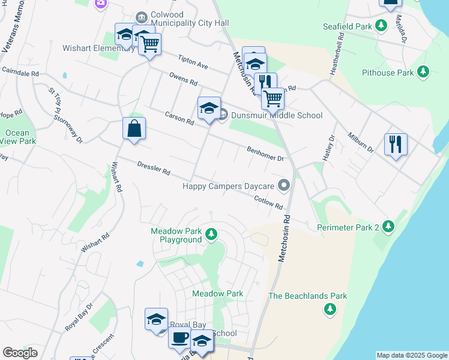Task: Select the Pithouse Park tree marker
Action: click(424, 73)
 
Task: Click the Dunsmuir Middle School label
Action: click(277, 116)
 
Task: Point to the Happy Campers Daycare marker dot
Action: click(285, 186)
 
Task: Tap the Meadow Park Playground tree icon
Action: click(211, 233)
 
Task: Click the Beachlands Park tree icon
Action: click(330, 310)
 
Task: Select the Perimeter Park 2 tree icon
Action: click(390, 227)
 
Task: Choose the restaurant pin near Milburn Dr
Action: click(396, 144)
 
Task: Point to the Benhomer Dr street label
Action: click(265, 154)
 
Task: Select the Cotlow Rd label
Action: click(268, 202)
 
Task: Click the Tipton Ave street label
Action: click(193, 62)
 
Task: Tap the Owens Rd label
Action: click(183, 79)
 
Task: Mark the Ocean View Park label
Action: click(18, 137)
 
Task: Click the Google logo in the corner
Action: click(20, 352)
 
